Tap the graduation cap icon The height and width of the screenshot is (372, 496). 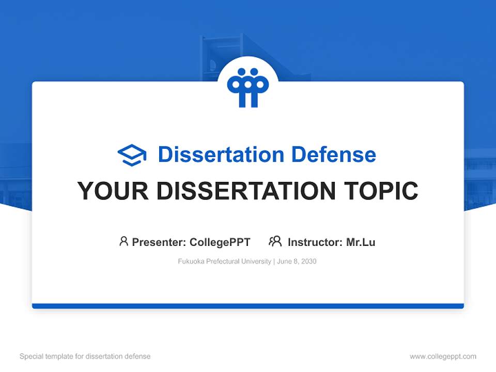pyautogui.click(x=132, y=154)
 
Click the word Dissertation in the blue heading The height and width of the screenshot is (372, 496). pyautogui.click(x=221, y=154)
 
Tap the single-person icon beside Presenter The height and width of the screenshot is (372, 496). pyautogui.click(x=123, y=241)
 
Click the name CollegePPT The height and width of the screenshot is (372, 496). pyautogui.click(x=220, y=242)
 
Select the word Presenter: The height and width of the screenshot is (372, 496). pyautogui.click(x=159, y=242)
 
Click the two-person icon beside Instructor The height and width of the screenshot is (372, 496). pyautogui.click(x=275, y=241)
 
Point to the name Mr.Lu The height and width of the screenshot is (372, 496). pyautogui.click(x=361, y=242)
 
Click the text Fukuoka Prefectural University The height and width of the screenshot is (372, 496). pyautogui.click(x=224, y=261)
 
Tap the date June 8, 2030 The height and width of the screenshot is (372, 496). pyautogui.click(x=297, y=261)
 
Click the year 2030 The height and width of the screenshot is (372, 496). pyautogui.click(x=308, y=261)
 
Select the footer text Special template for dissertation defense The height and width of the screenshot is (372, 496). pyautogui.click(x=85, y=357)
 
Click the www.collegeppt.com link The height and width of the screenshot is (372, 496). pyautogui.click(x=443, y=357)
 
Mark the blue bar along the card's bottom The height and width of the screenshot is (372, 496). pyautogui.click(x=248, y=306)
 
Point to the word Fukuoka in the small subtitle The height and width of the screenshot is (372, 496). pyautogui.click(x=190, y=261)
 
